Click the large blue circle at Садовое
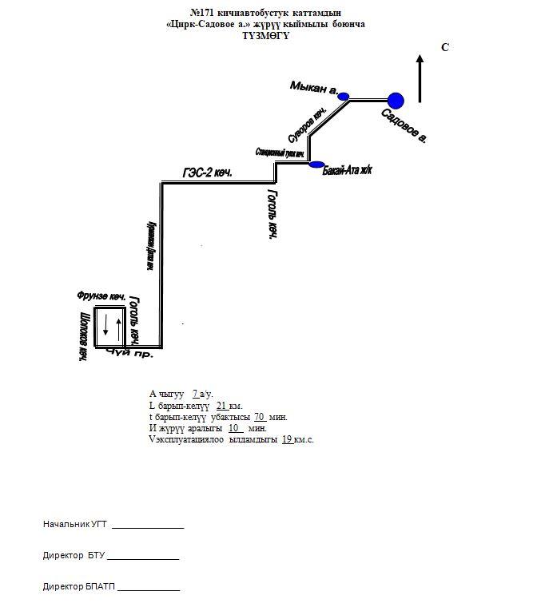click(396, 100)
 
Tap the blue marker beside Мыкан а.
click(344, 97)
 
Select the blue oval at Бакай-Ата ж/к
click(316, 165)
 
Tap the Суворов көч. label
click(308, 127)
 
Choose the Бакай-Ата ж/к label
click(348, 171)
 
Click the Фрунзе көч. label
click(100, 296)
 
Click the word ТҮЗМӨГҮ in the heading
click(265, 36)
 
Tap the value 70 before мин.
click(259, 417)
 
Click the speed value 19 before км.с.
click(287, 439)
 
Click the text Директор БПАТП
click(79, 586)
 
